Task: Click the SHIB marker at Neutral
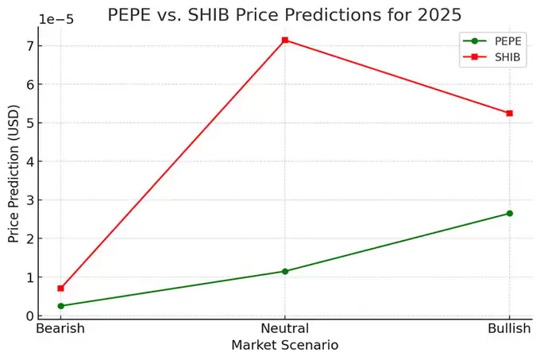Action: tap(285, 40)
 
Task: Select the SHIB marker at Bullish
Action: tap(509, 113)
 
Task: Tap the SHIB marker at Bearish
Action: tap(60, 288)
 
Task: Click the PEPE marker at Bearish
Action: tap(60, 306)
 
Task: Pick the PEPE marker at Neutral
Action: tap(285, 271)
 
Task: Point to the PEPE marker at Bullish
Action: tap(509, 213)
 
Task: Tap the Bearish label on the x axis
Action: tap(60, 328)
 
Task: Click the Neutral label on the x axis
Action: tap(285, 328)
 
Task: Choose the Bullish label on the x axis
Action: tap(509, 328)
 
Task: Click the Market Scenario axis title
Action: tap(285, 346)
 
